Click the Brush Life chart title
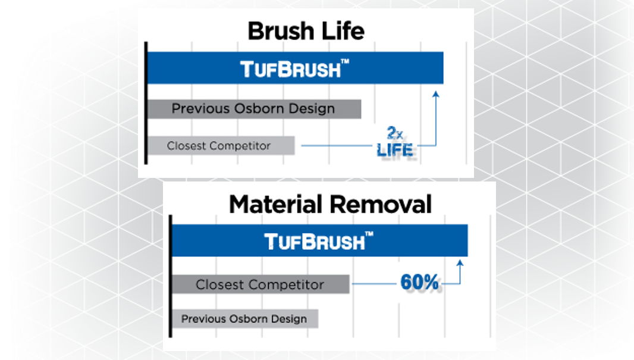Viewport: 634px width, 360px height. point(306,31)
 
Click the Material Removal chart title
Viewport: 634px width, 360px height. point(330,204)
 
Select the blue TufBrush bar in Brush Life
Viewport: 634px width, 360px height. point(295,68)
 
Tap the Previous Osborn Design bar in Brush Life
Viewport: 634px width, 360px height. point(254,109)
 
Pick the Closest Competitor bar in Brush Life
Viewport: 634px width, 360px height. point(221,146)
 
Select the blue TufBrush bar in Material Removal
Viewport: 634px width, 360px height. point(320,240)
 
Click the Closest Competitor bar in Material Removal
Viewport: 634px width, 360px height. point(260,284)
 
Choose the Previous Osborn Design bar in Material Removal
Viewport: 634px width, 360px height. point(245,319)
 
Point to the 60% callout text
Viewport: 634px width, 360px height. point(419,282)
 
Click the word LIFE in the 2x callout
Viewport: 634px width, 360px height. point(395,150)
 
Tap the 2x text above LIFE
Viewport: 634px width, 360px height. point(395,133)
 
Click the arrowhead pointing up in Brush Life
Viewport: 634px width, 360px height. point(435,94)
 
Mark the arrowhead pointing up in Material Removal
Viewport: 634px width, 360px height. point(460,263)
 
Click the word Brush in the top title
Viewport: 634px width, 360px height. point(281,31)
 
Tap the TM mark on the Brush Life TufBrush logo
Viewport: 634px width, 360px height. point(344,61)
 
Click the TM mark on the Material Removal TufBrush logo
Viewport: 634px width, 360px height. point(369,234)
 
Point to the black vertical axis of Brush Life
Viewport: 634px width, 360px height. point(146,103)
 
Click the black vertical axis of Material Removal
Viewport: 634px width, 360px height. point(170,276)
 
